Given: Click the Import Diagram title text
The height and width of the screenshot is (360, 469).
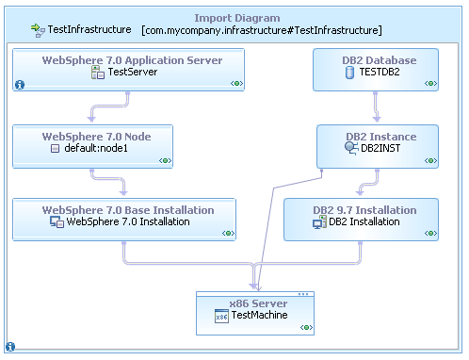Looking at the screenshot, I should coord(235,18).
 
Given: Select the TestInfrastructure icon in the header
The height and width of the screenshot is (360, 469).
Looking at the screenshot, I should coord(39,31).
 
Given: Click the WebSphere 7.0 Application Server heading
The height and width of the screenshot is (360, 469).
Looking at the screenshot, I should coord(133,60).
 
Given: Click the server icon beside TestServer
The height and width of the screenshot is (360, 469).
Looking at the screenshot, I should coord(97,72).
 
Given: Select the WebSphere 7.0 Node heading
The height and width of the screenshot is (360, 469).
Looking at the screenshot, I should coord(96,136).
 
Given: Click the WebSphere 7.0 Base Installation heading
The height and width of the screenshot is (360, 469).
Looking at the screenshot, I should coord(128,209).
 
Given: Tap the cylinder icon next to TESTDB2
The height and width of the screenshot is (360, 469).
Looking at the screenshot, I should coord(349,73).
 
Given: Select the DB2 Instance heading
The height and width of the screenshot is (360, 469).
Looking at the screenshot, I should coord(380,136).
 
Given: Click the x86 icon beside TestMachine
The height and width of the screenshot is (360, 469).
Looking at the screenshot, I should coord(221,318).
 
